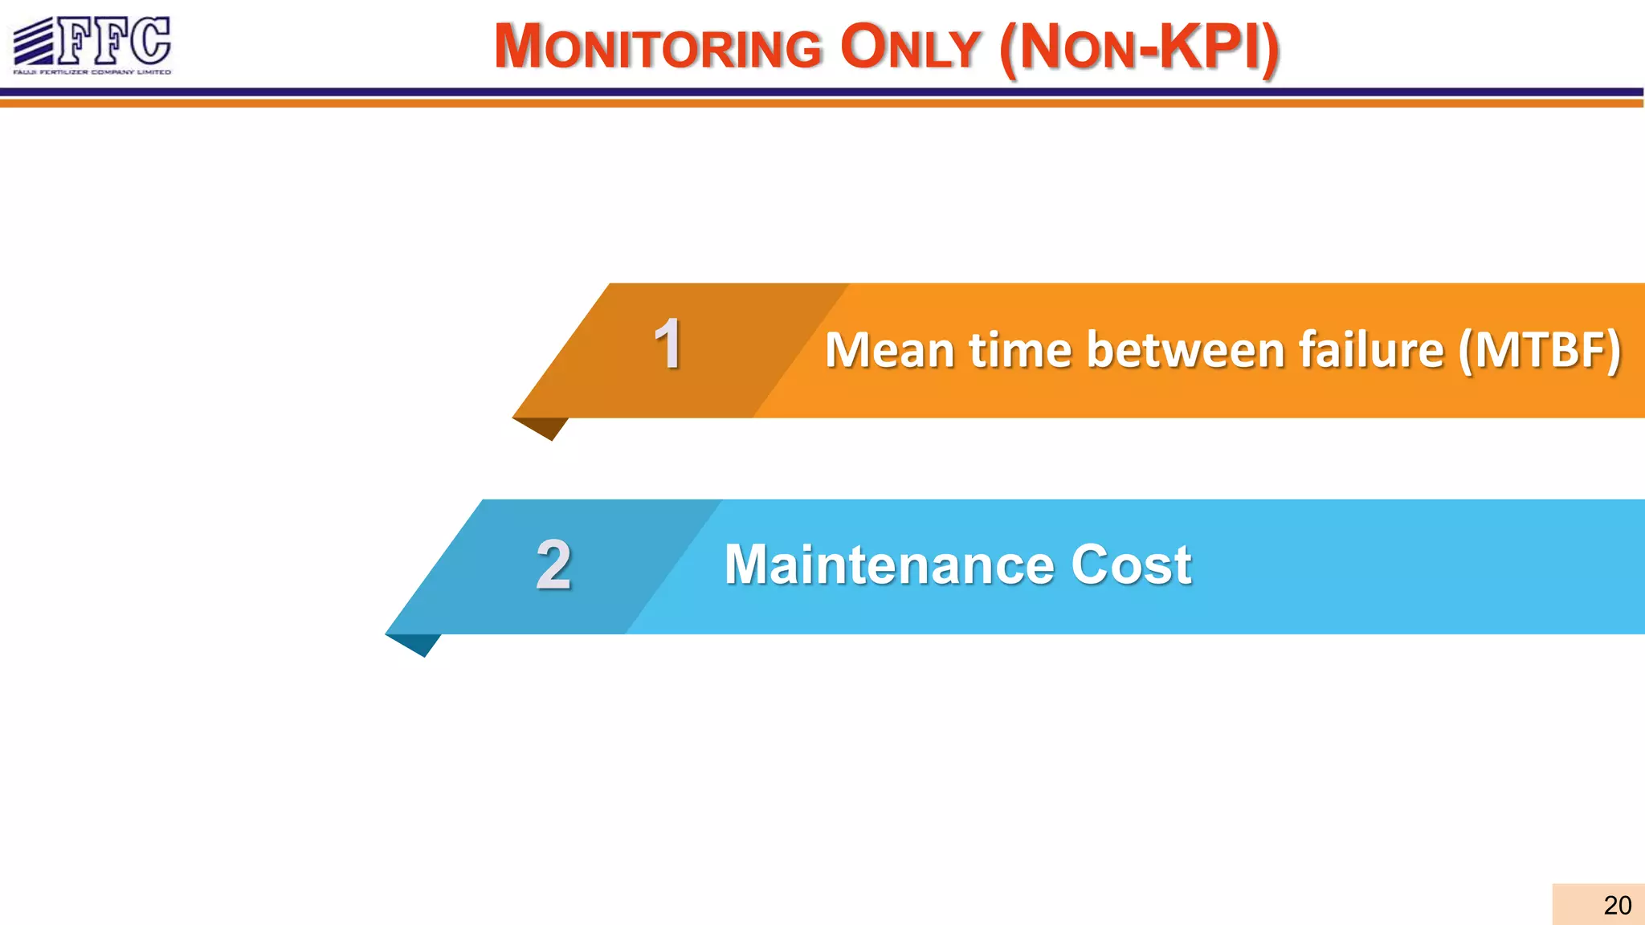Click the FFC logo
coord(92,45)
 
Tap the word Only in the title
coord(910,47)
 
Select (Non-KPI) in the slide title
coord(1139,48)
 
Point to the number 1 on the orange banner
coord(667,344)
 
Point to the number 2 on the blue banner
coord(553,564)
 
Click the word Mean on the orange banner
coord(889,350)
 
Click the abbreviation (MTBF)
coord(1540,352)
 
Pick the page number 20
coord(1617,905)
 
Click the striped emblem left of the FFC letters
coord(34,42)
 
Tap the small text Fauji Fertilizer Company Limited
coord(92,72)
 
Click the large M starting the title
coord(520,46)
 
